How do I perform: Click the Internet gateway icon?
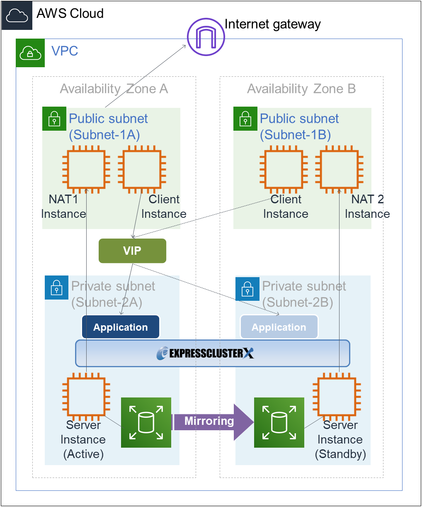206,37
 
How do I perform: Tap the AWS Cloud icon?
17,15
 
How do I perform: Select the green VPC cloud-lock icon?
30,53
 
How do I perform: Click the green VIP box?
132,251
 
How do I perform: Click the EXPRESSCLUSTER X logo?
206,353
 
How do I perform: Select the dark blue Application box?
121,327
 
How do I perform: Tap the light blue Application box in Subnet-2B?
279,327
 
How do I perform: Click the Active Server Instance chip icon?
86,397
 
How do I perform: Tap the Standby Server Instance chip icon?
337,397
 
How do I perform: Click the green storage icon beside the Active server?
146,422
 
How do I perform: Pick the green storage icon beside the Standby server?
279,422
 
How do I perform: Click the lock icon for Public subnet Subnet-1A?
54,119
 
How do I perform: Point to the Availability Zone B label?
301,89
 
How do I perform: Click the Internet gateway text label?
272,24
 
